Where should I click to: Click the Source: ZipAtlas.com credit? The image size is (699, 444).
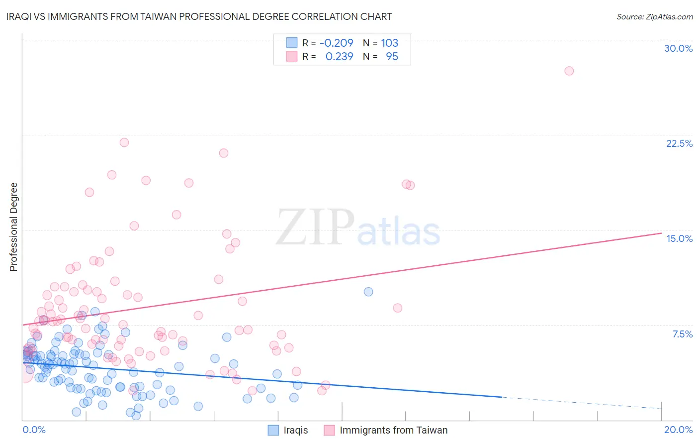654,16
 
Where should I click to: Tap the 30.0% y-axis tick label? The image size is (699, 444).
678,48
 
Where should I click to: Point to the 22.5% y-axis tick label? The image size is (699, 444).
679,143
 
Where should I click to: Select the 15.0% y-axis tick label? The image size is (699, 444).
679,238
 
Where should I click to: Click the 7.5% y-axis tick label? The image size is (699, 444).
682,334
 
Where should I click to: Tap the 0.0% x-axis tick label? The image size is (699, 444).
34,430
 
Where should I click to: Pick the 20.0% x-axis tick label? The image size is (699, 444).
678,430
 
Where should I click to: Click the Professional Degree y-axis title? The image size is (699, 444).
13,227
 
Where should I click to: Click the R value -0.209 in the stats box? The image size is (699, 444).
336,43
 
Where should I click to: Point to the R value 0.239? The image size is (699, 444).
339,57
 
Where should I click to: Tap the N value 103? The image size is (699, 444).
390,43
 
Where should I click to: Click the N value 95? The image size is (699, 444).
392,57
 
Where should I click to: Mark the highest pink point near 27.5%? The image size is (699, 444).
569,71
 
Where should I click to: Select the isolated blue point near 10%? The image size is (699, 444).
368,292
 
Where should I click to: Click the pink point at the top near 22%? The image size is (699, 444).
124,142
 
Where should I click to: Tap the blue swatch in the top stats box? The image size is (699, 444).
291,43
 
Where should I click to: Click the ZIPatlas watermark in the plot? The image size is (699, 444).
358,227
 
